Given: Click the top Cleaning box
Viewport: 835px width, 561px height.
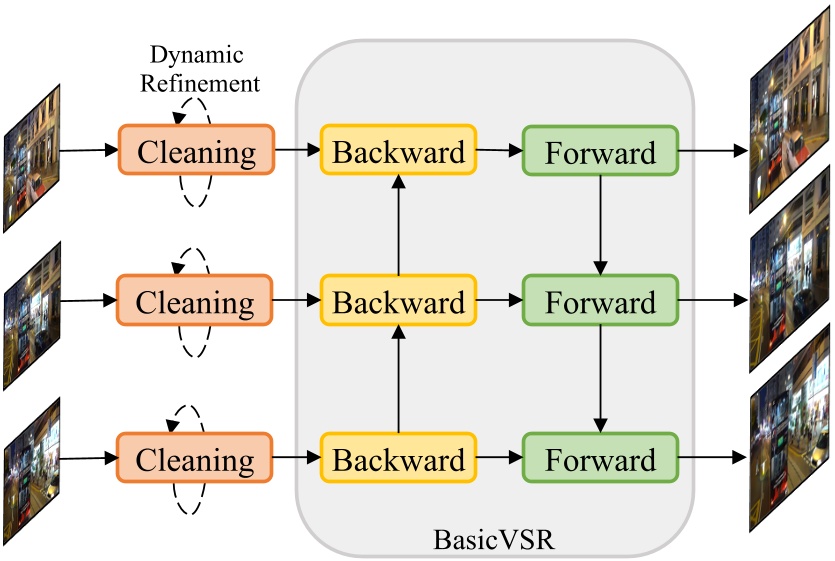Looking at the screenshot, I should pos(196,152).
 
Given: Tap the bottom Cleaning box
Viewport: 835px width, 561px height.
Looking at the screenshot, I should pos(196,460).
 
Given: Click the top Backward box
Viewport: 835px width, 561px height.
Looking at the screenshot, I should pos(398,152).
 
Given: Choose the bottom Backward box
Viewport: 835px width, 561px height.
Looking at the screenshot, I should pos(398,460).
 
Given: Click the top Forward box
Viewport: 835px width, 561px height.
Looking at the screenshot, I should pos(600,152).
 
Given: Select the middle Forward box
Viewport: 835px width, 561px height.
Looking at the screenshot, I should pos(600,302).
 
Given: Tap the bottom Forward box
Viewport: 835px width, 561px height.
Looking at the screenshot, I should pos(600,460).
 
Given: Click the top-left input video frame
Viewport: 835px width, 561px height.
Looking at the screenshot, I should pos(31,157).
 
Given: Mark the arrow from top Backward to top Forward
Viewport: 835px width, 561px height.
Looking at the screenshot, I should pos(499,151).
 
